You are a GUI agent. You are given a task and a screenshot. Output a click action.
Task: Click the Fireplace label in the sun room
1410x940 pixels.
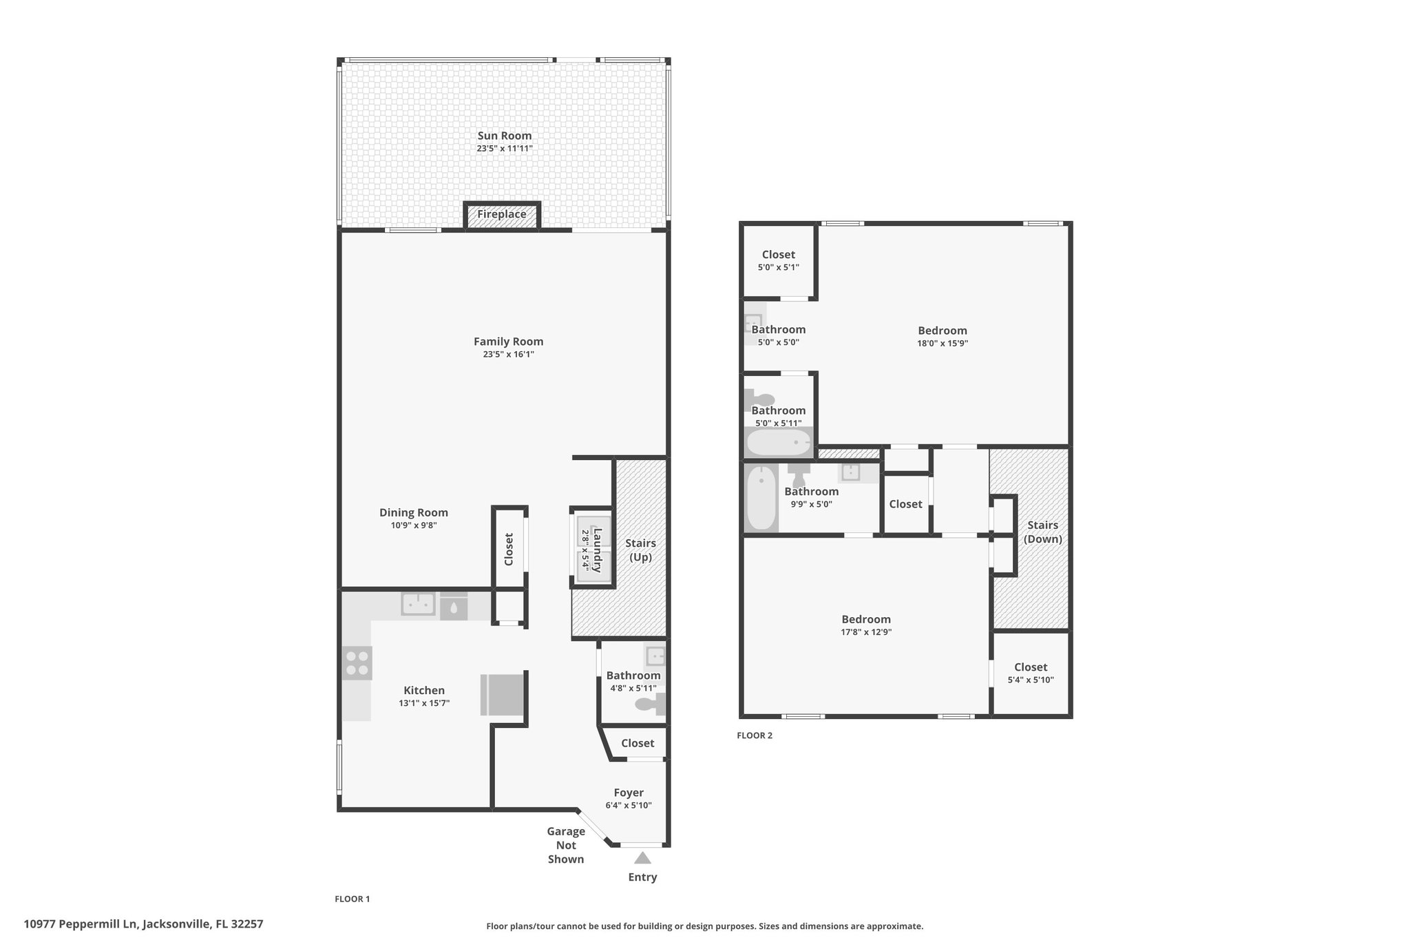(x=502, y=214)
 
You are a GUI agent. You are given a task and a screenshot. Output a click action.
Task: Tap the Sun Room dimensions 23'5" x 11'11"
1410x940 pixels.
(x=505, y=148)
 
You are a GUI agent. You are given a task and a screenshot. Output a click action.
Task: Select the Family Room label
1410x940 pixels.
(x=508, y=342)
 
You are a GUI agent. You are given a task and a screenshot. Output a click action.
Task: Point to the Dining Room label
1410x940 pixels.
(x=414, y=512)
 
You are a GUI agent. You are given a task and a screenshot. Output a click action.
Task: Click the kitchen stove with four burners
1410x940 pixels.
(x=357, y=663)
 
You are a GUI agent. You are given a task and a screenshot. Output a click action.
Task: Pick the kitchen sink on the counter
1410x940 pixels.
(x=418, y=604)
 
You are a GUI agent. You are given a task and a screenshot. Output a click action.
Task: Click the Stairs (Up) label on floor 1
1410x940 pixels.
(x=640, y=551)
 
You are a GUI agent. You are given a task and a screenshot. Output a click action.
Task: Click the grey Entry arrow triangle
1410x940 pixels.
(x=642, y=858)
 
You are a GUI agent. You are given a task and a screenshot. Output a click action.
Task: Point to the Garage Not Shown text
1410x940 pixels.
(x=566, y=845)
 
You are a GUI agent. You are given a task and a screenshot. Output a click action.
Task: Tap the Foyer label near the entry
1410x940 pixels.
(x=629, y=793)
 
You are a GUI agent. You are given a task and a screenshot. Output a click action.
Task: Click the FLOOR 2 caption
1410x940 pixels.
(x=755, y=735)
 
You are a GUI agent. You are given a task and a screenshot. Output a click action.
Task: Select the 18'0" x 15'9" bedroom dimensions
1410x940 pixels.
(x=943, y=343)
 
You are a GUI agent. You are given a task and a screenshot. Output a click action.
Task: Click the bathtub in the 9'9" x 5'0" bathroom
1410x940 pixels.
(x=761, y=498)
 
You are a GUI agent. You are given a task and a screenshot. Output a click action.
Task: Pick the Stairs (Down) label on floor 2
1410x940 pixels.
(x=1042, y=532)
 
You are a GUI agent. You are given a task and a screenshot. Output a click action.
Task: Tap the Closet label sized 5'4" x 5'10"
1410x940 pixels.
(x=1031, y=667)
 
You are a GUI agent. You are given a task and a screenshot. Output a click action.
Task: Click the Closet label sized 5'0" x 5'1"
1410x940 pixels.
(x=779, y=255)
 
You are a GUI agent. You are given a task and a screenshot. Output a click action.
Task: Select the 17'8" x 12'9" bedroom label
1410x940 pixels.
(x=866, y=619)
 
